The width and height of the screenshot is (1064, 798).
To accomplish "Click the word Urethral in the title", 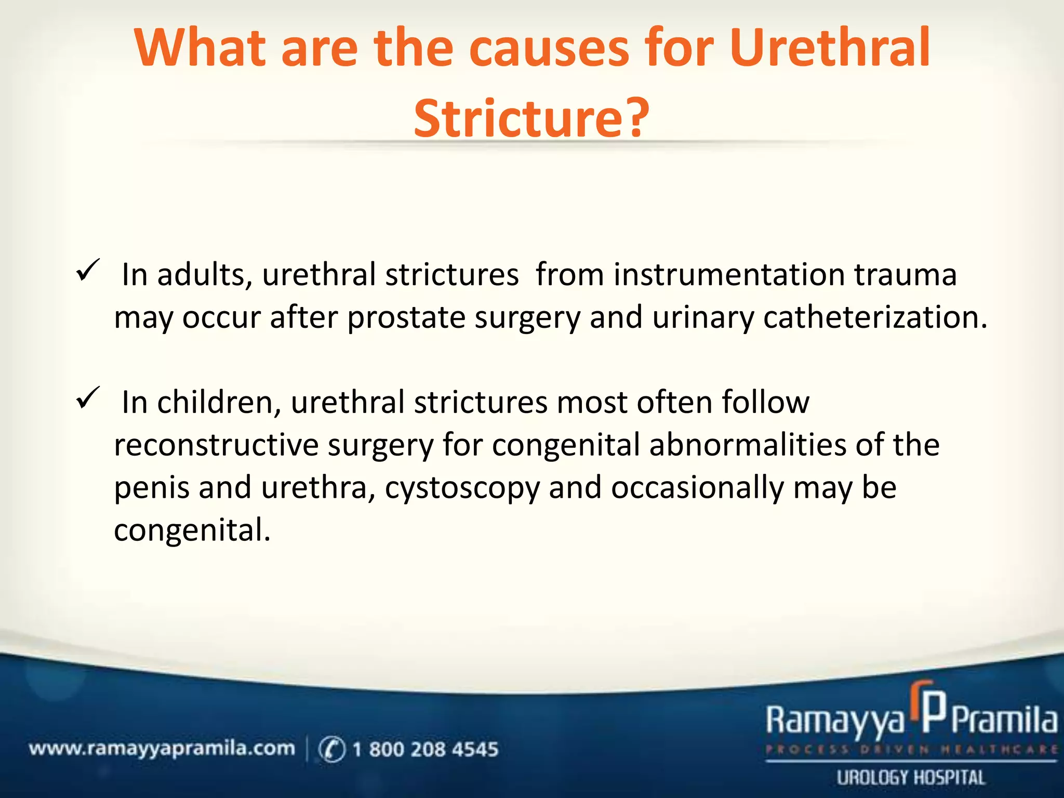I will pos(829,48).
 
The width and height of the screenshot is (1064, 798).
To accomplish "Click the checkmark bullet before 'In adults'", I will pos(88,270).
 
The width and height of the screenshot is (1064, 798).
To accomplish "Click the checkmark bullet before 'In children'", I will pos(88,398).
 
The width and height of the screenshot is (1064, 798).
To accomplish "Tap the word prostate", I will pos(406,317).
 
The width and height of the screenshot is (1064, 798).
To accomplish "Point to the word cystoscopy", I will pos(462,488).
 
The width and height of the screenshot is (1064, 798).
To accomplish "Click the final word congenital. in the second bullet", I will pos(192,531).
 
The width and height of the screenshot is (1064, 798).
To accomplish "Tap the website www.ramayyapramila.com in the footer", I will pos(162,749).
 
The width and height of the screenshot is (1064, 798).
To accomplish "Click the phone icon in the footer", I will pos(331,749).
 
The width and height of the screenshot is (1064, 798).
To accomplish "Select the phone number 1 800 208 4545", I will pos(425,749).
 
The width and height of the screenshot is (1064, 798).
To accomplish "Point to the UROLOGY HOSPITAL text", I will pos(911,778).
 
